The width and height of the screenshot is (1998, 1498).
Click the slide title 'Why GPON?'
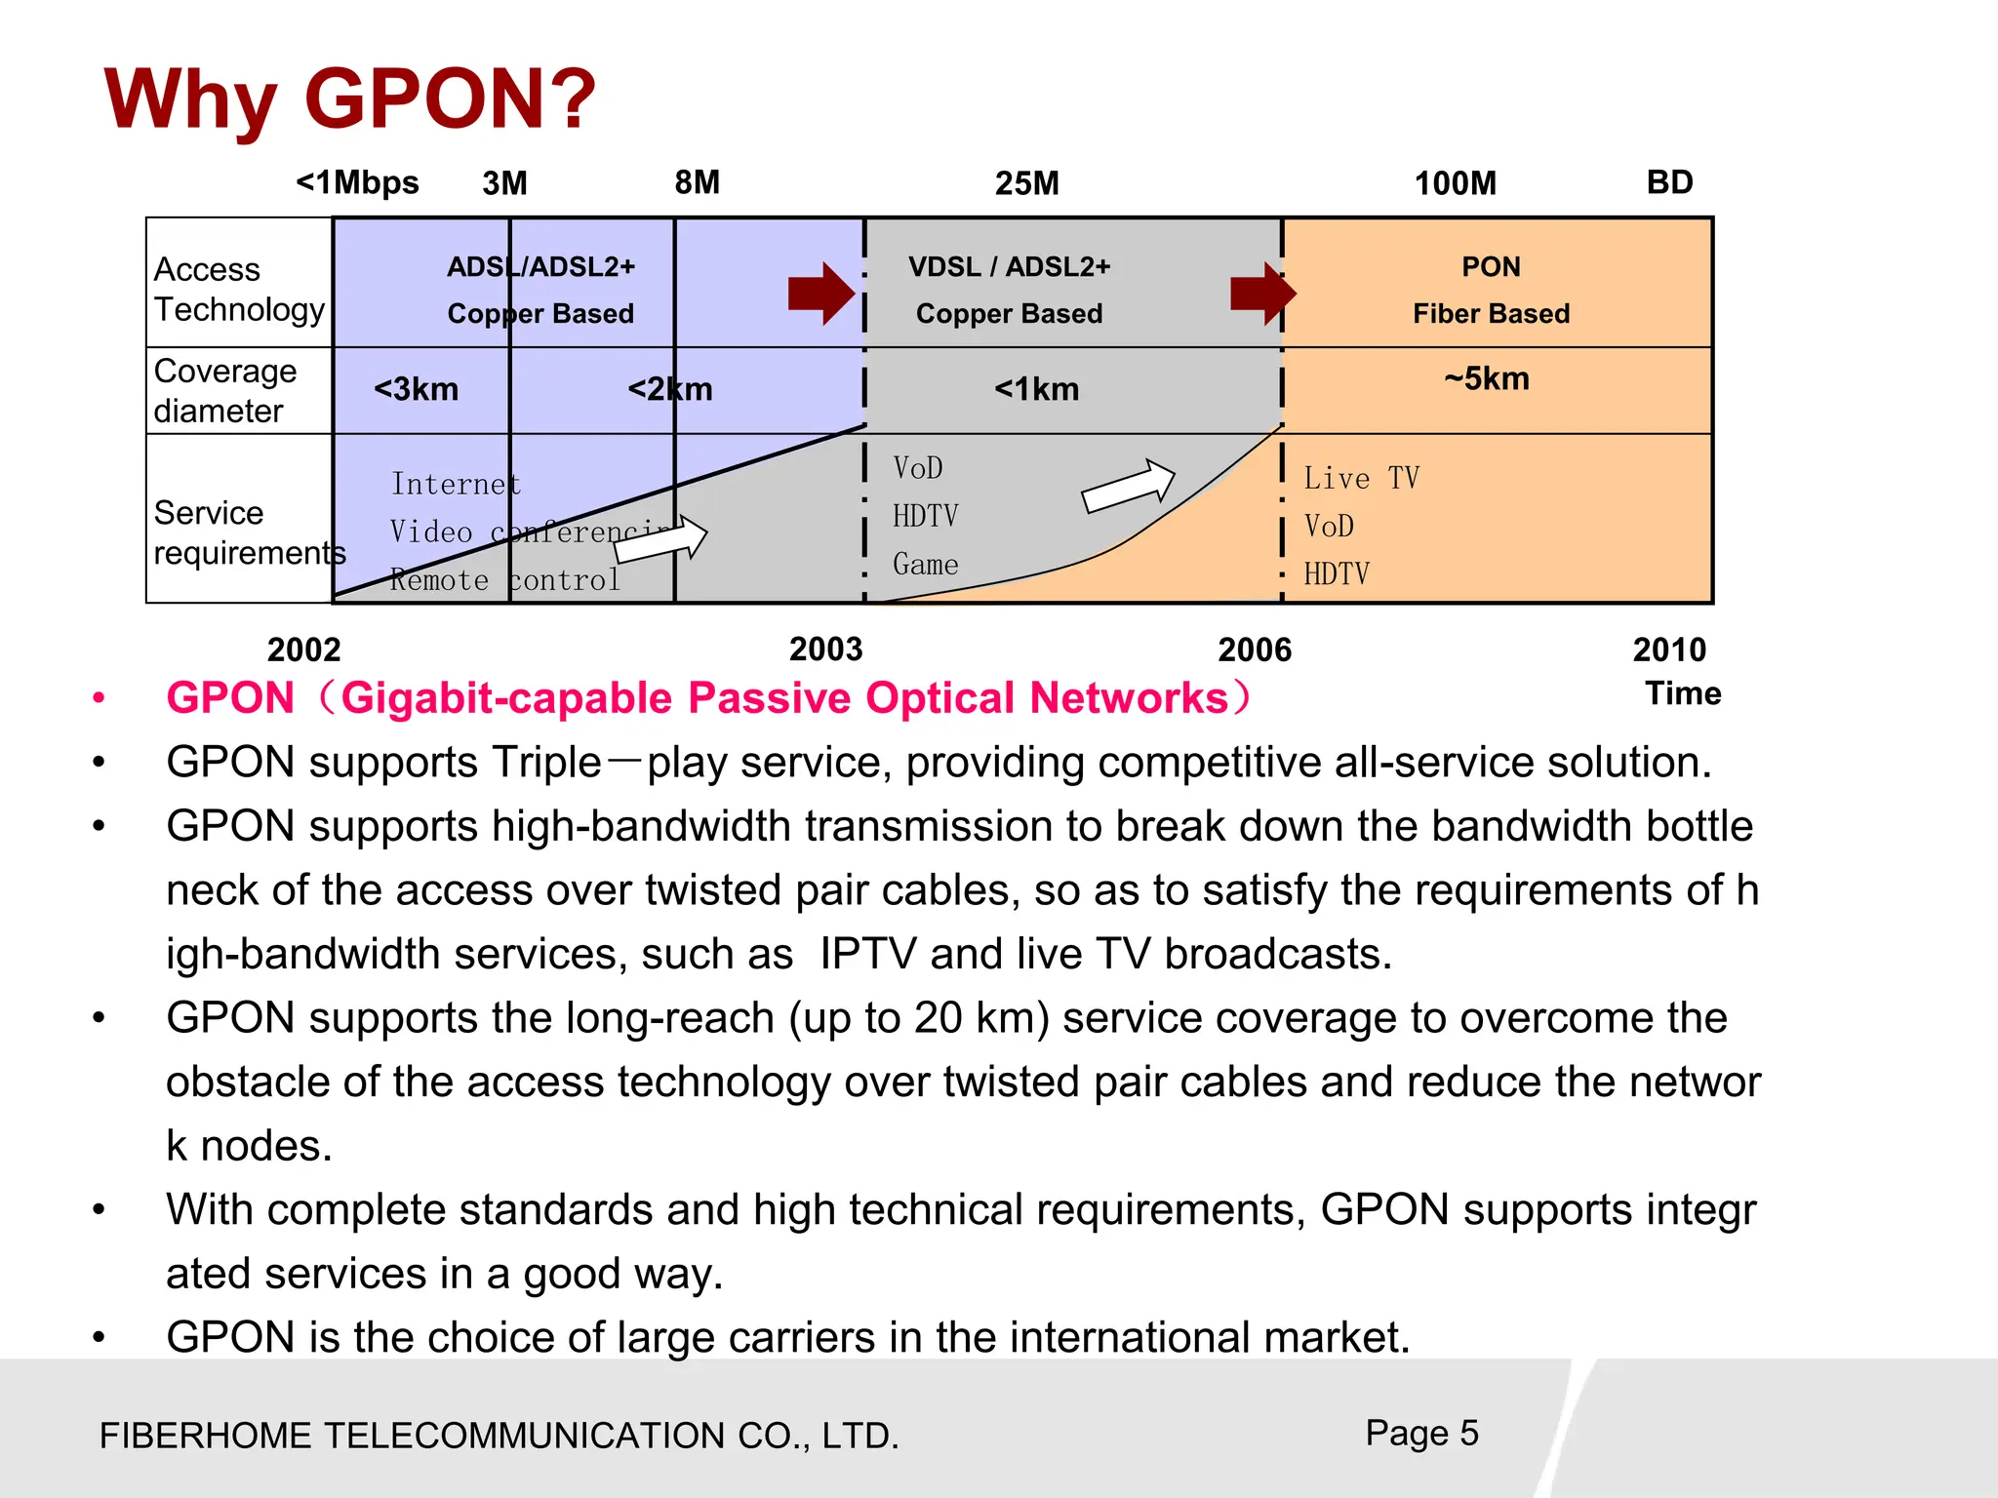tap(349, 99)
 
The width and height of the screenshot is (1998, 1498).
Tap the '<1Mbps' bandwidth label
tap(357, 182)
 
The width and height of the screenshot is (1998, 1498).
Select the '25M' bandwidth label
tap(1026, 183)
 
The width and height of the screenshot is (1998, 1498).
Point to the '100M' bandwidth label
tap(1455, 183)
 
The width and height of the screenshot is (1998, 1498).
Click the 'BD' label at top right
tap(1669, 182)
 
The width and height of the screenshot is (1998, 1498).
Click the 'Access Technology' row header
tap(239, 289)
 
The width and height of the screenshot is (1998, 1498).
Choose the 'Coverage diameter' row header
tap(225, 390)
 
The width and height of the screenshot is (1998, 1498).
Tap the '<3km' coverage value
tap(416, 389)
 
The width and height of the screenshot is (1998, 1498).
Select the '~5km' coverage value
tap(1487, 378)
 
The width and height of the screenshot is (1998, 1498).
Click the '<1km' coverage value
tap(1036, 389)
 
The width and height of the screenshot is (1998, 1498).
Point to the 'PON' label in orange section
tap(1491, 266)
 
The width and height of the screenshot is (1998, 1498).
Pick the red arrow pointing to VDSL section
tap(821, 293)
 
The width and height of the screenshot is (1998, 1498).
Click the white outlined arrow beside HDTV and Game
tap(1129, 486)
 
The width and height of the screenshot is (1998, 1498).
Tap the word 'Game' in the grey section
tap(925, 564)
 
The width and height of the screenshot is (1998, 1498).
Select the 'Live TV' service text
tap(1361, 478)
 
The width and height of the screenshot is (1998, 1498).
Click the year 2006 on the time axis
tap(1254, 650)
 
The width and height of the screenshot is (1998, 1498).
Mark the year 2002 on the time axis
tap(303, 650)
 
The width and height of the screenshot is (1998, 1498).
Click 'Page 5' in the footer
tap(1421, 1433)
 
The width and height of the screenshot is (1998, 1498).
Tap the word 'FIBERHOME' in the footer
tap(206, 1436)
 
